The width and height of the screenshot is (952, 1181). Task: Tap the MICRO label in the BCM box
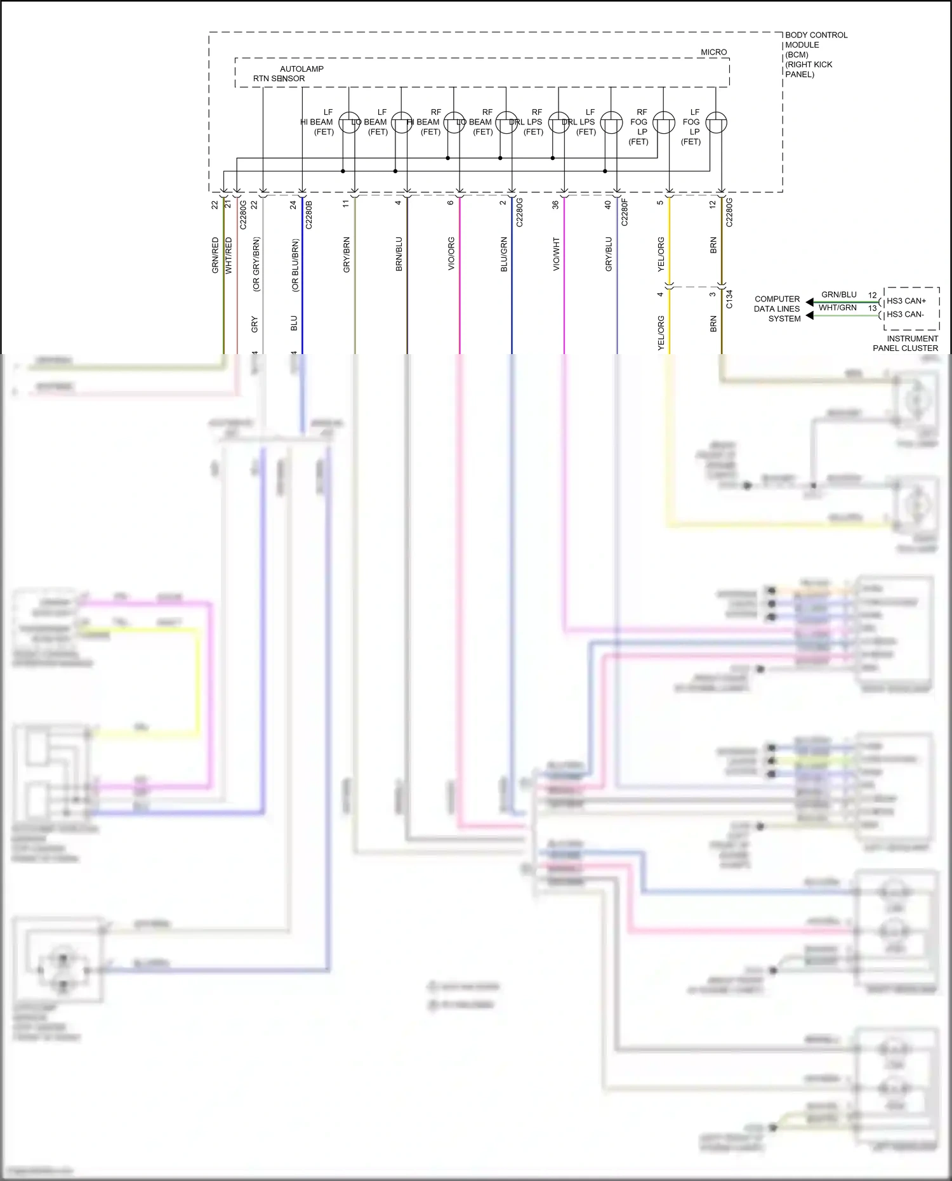[713, 52]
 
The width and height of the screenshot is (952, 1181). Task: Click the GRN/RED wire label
[215, 255]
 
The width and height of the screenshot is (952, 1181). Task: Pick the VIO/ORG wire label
[451, 254]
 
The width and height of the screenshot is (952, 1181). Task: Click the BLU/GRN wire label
[504, 254]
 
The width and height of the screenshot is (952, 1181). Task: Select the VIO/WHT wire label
[556, 254]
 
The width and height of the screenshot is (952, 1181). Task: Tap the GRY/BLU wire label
[609, 254]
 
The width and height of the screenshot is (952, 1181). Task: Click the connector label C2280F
[625, 212]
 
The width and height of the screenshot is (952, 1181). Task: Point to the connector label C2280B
[309, 214]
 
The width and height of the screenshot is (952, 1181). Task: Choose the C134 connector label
[729, 299]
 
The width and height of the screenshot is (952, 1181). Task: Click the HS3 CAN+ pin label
[906, 301]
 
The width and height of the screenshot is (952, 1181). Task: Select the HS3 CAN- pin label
[905, 314]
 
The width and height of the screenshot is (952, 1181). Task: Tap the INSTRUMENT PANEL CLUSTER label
[906, 343]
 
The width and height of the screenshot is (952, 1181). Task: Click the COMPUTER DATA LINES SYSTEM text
[777, 308]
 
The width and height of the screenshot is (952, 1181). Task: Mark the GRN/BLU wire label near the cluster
[838, 294]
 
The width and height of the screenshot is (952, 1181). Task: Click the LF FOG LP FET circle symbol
[716, 122]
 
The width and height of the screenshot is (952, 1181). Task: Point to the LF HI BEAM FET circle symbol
[349, 122]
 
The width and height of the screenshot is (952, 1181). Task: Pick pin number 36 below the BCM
[555, 204]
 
